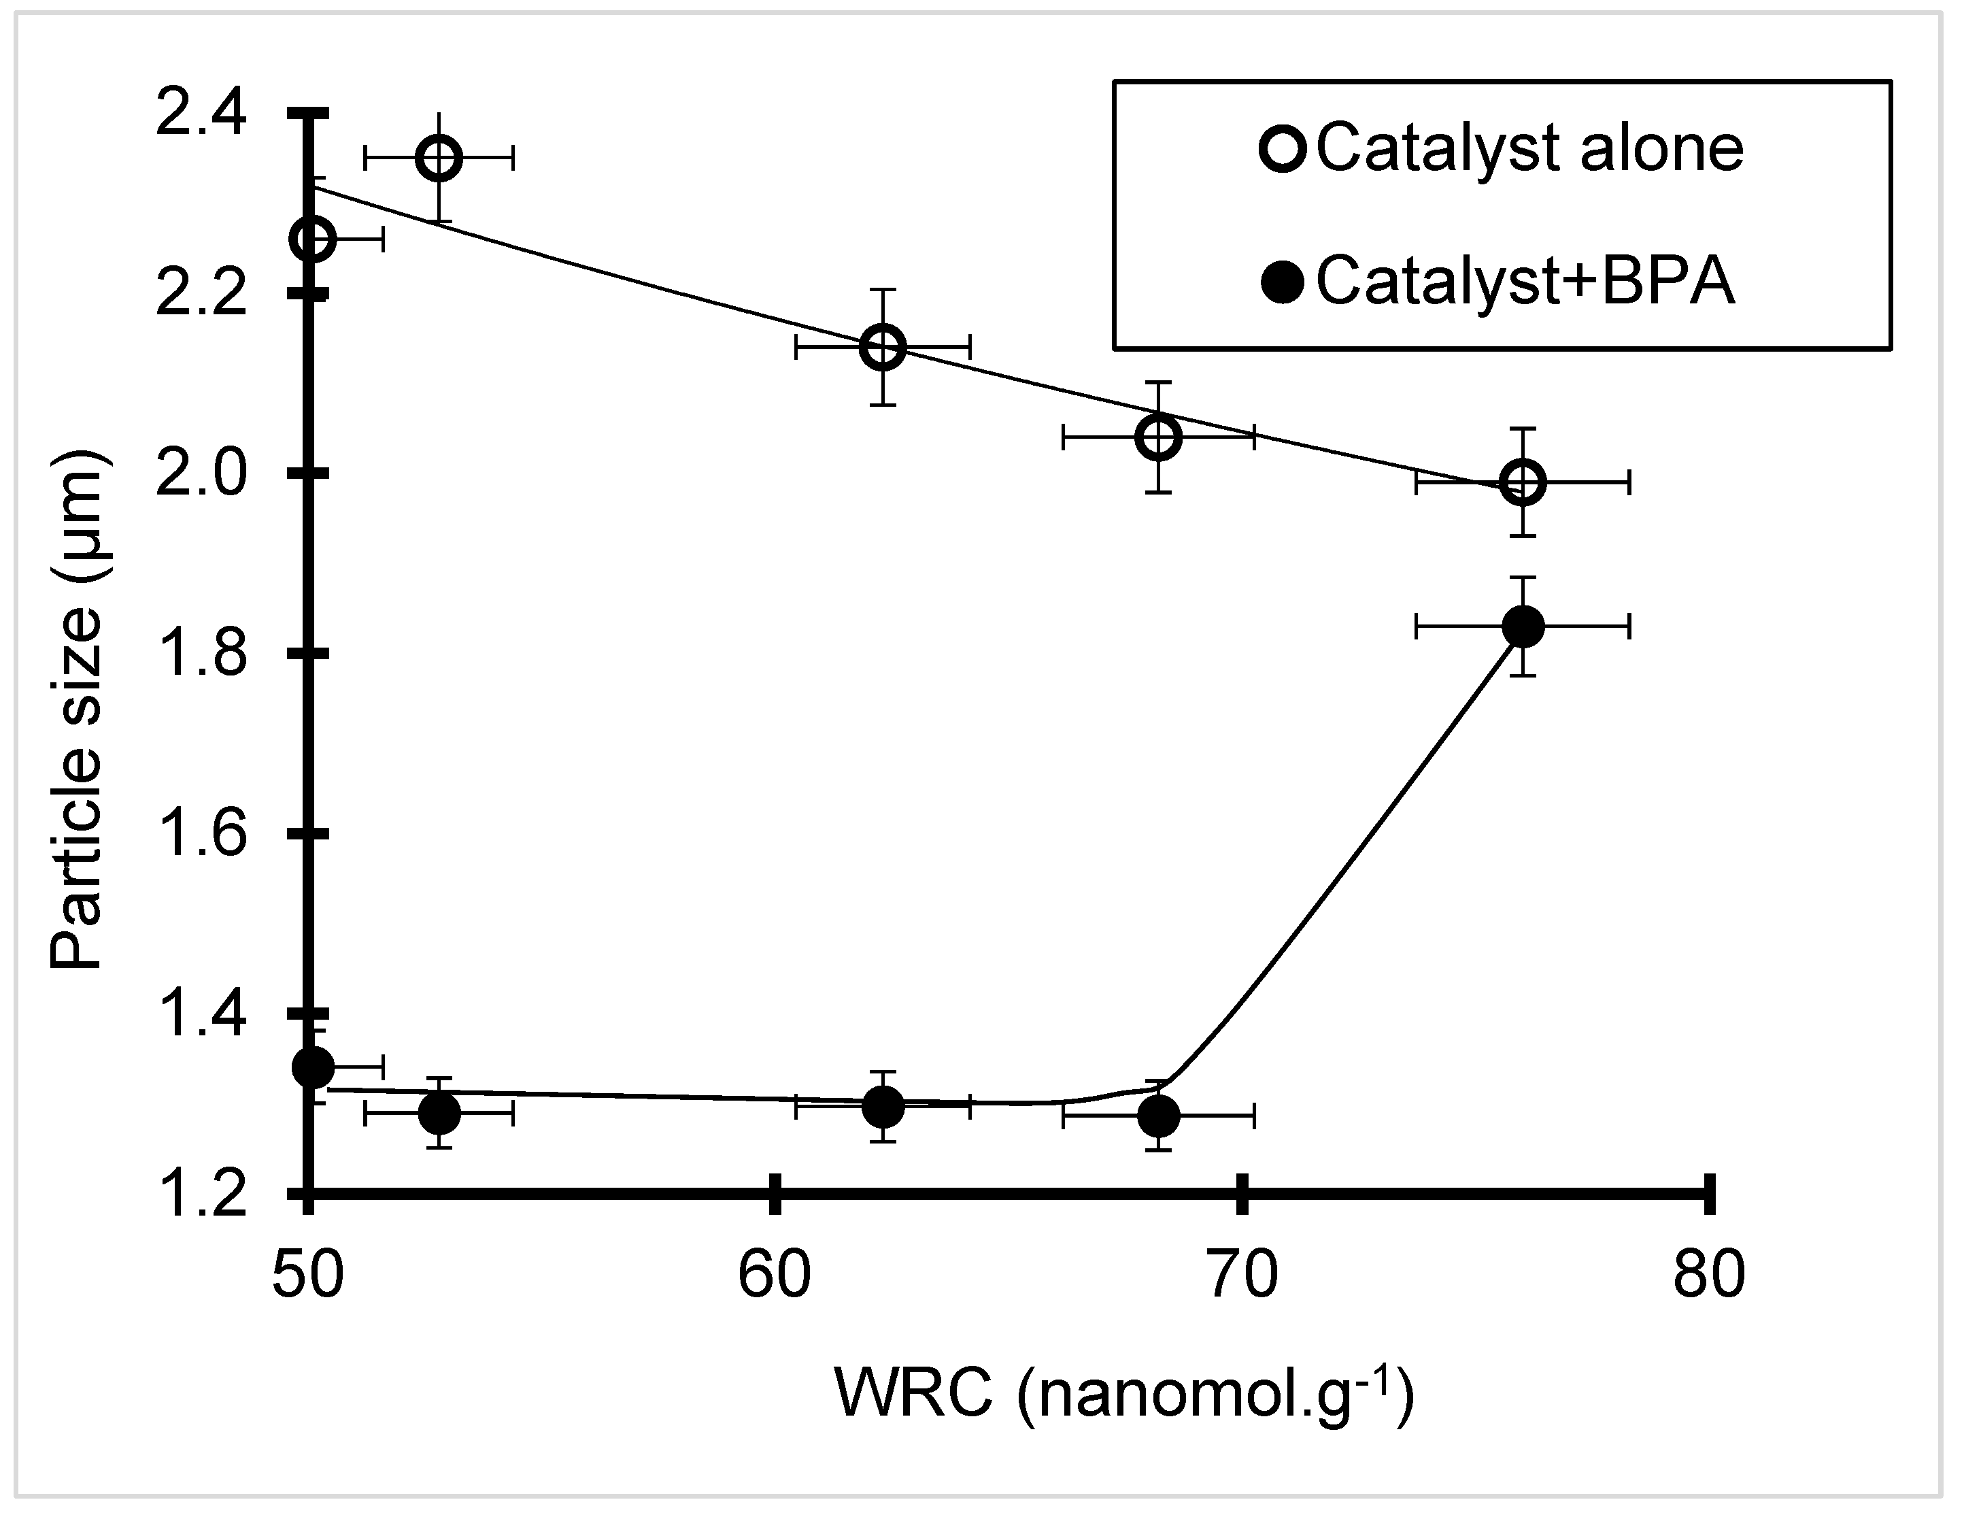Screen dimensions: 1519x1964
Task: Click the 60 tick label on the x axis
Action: tap(775, 1273)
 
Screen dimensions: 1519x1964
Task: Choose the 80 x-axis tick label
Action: tap(1708, 1273)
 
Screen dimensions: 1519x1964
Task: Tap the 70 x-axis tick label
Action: tap(1242, 1273)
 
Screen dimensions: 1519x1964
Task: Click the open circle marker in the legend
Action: tap(1283, 148)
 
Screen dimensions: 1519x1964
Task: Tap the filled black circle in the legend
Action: tap(1283, 282)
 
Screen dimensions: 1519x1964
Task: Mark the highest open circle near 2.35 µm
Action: tap(438, 159)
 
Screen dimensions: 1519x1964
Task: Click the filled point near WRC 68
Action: tap(1158, 1117)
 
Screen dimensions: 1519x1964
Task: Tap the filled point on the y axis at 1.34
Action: tap(312, 1067)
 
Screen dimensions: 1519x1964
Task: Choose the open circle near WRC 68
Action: tap(1158, 438)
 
